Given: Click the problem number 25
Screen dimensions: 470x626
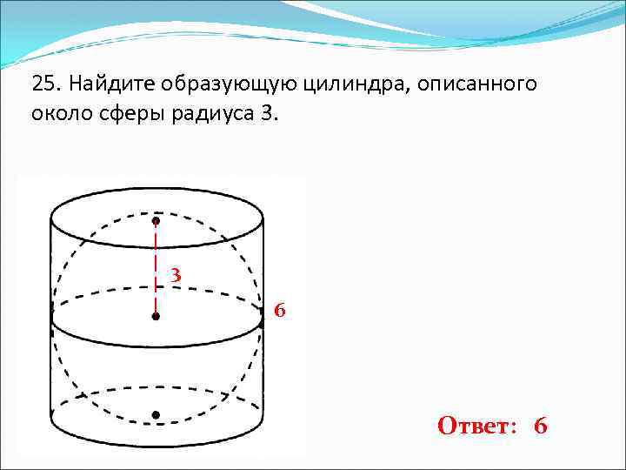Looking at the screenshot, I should (x=44, y=84).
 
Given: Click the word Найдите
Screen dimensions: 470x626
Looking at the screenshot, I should (x=107, y=84).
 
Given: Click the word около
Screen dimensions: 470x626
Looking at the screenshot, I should (x=58, y=114).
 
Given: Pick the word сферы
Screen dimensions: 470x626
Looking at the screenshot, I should (x=124, y=114).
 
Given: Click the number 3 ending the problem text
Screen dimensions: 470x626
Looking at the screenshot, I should (x=265, y=114).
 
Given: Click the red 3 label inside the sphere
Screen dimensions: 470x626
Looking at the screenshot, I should (x=176, y=275).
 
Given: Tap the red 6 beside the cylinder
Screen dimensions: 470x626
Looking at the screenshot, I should (x=279, y=310).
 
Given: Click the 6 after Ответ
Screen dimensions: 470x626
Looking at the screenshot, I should (x=541, y=426).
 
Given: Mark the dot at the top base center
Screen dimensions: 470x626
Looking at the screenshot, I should (x=156, y=221).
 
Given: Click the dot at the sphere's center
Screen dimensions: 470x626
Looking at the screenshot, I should (x=156, y=317).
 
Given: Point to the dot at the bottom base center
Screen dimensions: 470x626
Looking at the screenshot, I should (x=156, y=415).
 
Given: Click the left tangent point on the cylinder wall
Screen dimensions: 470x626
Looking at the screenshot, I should (x=51, y=319).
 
